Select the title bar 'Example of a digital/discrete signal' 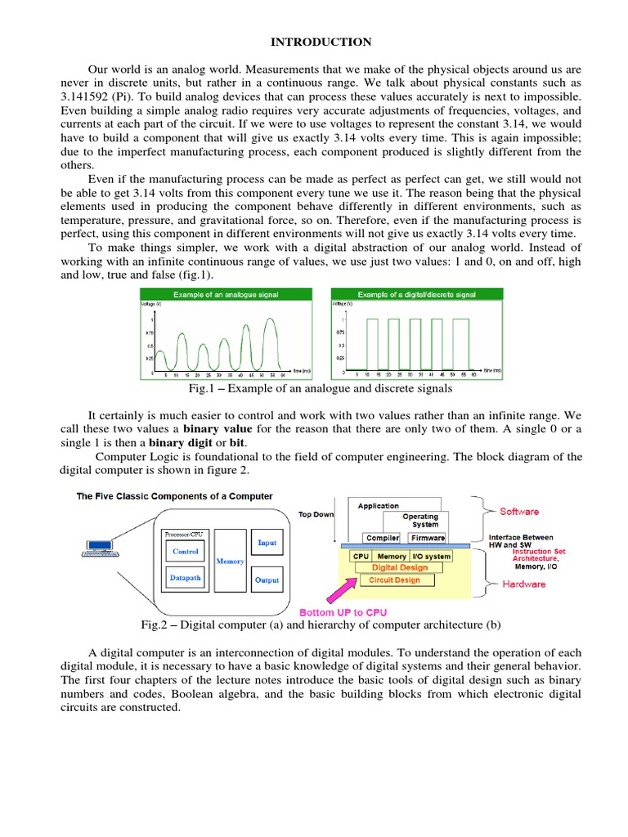[x=417, y=294]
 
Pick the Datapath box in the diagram [x=186, y=578]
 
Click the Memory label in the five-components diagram [x=230, y=562]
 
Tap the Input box [x=267, y=543]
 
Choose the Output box [x=267, y=580]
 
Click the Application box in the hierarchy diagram [x=379, y=506]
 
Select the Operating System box [x=420, y=520]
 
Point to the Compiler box [x=383, y=538]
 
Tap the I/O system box [x=425, y=556]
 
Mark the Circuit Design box [x=396, y=580]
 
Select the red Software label [x=519, y=512]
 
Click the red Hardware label [x=524, y=584]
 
